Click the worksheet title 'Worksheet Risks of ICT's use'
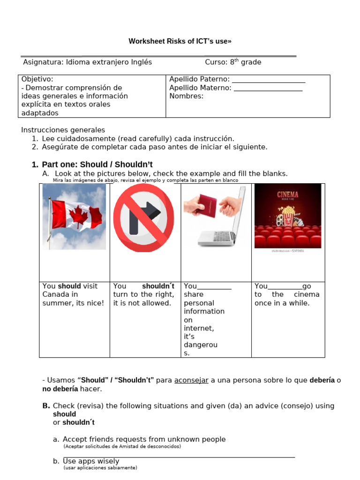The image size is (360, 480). click(x=180, y=41)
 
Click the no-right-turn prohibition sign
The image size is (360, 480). click(x=145, y=217)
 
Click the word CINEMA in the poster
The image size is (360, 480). click(x=287, y=195)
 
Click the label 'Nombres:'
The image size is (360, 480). click(x=186, y=96)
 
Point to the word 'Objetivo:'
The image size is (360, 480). click(x=37, y=79)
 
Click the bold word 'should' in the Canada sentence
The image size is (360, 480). click(x=69, y=286)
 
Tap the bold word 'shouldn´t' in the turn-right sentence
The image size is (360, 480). click(x=158, y=286)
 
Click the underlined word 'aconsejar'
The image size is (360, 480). click(x=191, y=380)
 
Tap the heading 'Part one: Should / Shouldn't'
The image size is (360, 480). click(x=97, y=165)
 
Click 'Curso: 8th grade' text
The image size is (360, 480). click(x=233, y=62)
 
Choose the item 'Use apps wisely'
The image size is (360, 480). click(x=91, y=461)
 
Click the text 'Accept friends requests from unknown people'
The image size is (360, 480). click(x=144, y=439)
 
